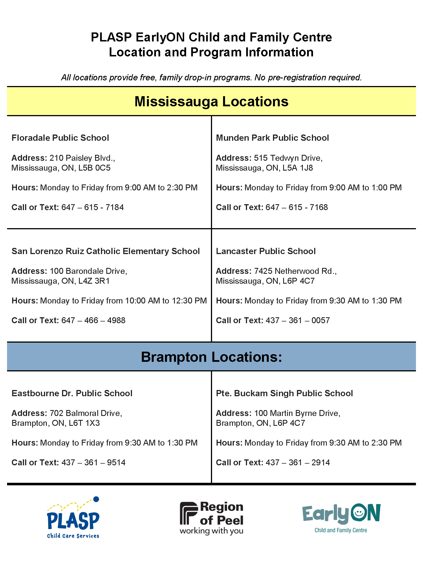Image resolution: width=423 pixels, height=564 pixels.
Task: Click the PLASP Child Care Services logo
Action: [73, 518]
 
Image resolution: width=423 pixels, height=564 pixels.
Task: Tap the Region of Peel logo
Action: [211, 518]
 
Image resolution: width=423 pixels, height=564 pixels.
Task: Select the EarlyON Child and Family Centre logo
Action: [341, 518]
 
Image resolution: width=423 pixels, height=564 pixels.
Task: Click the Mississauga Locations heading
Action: [211, 102]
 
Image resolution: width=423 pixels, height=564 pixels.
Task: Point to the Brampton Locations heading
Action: [211, 357]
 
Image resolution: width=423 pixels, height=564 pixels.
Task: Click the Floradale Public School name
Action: [60, 138]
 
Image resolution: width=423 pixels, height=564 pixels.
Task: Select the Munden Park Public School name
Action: [272, 138]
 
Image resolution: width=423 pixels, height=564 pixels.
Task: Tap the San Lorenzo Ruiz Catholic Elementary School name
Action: [105, 251]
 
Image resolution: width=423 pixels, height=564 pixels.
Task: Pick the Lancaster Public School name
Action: [266, 251]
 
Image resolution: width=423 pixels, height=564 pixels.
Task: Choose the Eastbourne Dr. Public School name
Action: [72, 393]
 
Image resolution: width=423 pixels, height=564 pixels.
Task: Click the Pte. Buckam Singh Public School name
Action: [284, 393]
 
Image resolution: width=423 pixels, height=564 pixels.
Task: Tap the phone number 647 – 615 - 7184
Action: [92, 208]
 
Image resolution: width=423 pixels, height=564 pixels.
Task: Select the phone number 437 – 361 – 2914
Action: [298, 463]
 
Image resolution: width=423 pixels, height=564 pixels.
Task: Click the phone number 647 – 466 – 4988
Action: [93, 321]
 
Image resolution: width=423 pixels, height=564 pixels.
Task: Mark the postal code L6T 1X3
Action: [84, 423]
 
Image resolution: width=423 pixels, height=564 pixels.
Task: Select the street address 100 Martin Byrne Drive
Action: [297, 413]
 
